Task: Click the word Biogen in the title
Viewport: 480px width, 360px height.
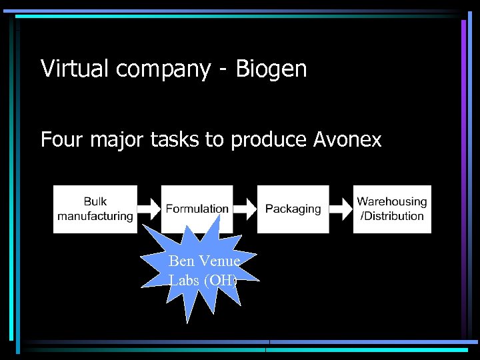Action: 271,69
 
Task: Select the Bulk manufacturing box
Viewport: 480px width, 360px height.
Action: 95,209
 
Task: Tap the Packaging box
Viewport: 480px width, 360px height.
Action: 293,209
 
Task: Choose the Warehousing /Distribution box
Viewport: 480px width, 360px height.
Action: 392,209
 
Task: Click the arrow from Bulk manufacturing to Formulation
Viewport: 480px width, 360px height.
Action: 149,209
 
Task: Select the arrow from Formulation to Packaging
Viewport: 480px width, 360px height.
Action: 245,209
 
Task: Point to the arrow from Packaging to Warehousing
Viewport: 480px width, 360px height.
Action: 341,209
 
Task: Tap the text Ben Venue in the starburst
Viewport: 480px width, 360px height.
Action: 204,261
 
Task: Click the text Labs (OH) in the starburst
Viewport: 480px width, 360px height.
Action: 203,280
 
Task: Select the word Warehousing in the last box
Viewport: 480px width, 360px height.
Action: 392,201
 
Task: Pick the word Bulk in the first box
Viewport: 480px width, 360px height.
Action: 95,201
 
